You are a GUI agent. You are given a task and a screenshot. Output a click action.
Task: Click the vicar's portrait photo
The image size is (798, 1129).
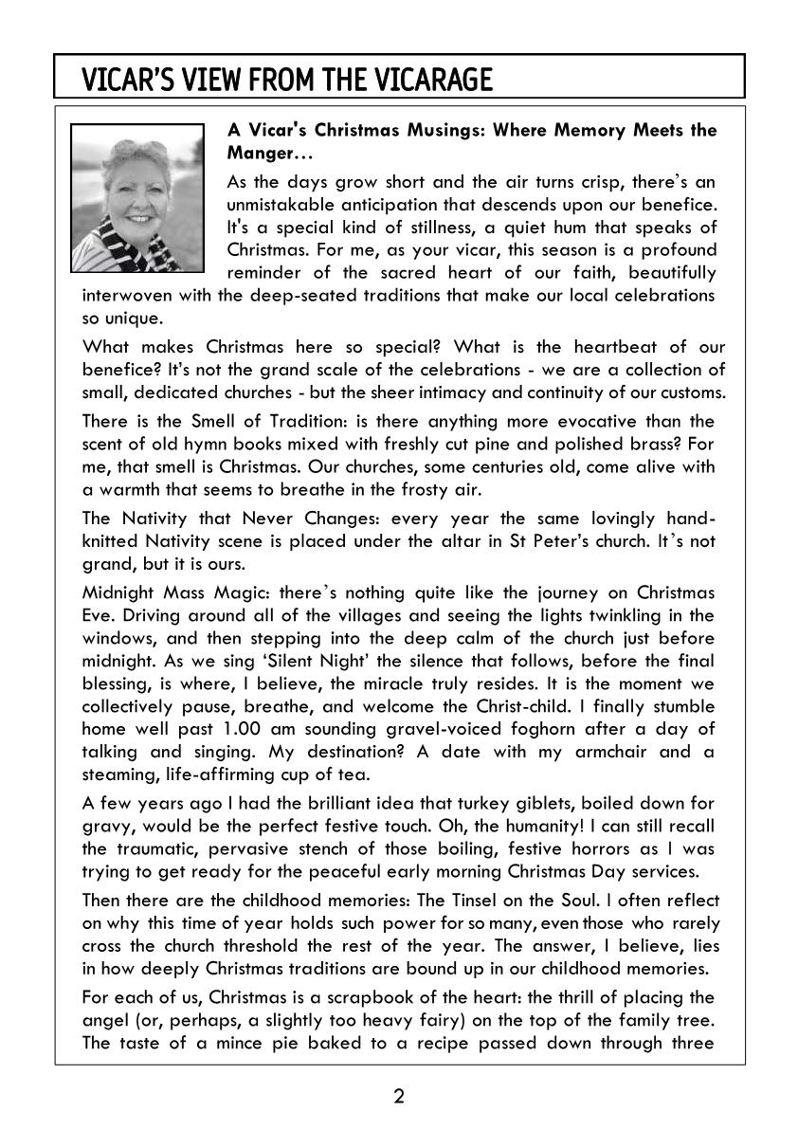pos(138,196)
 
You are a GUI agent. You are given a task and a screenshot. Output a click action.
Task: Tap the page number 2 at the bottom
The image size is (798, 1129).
pos(399,1097)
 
